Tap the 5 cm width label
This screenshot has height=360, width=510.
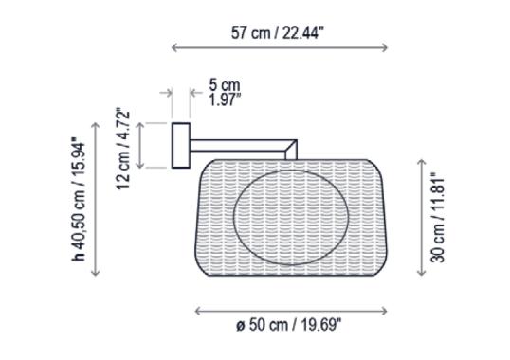tap(225, 84)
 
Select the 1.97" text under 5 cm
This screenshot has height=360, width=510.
tap(225, 98)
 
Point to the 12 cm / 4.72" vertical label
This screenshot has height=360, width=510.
tap(122, 149)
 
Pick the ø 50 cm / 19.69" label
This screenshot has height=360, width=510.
tap(289, 325)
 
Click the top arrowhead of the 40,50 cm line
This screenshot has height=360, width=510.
tap(96, 123)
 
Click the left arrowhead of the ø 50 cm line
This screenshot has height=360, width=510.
tap(196, 310)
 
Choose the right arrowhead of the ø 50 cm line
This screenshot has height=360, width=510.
tap(385, 310)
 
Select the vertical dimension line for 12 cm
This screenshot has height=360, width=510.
tap(140, 145)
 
